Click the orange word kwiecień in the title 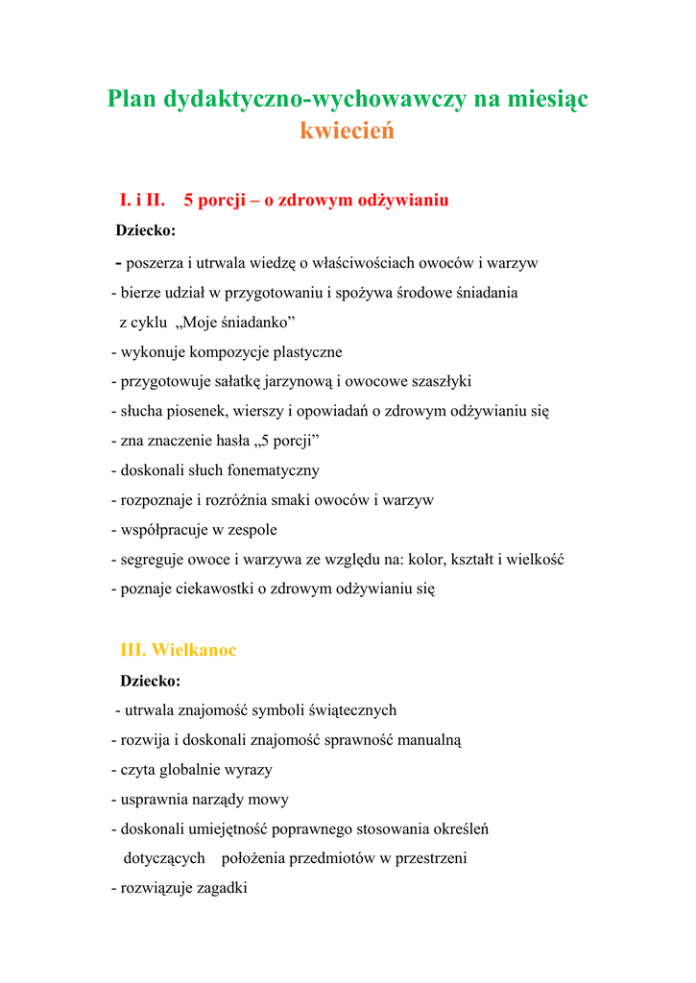click(348, 131)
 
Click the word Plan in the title click(132, 98)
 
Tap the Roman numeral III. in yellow click(132, 650)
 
